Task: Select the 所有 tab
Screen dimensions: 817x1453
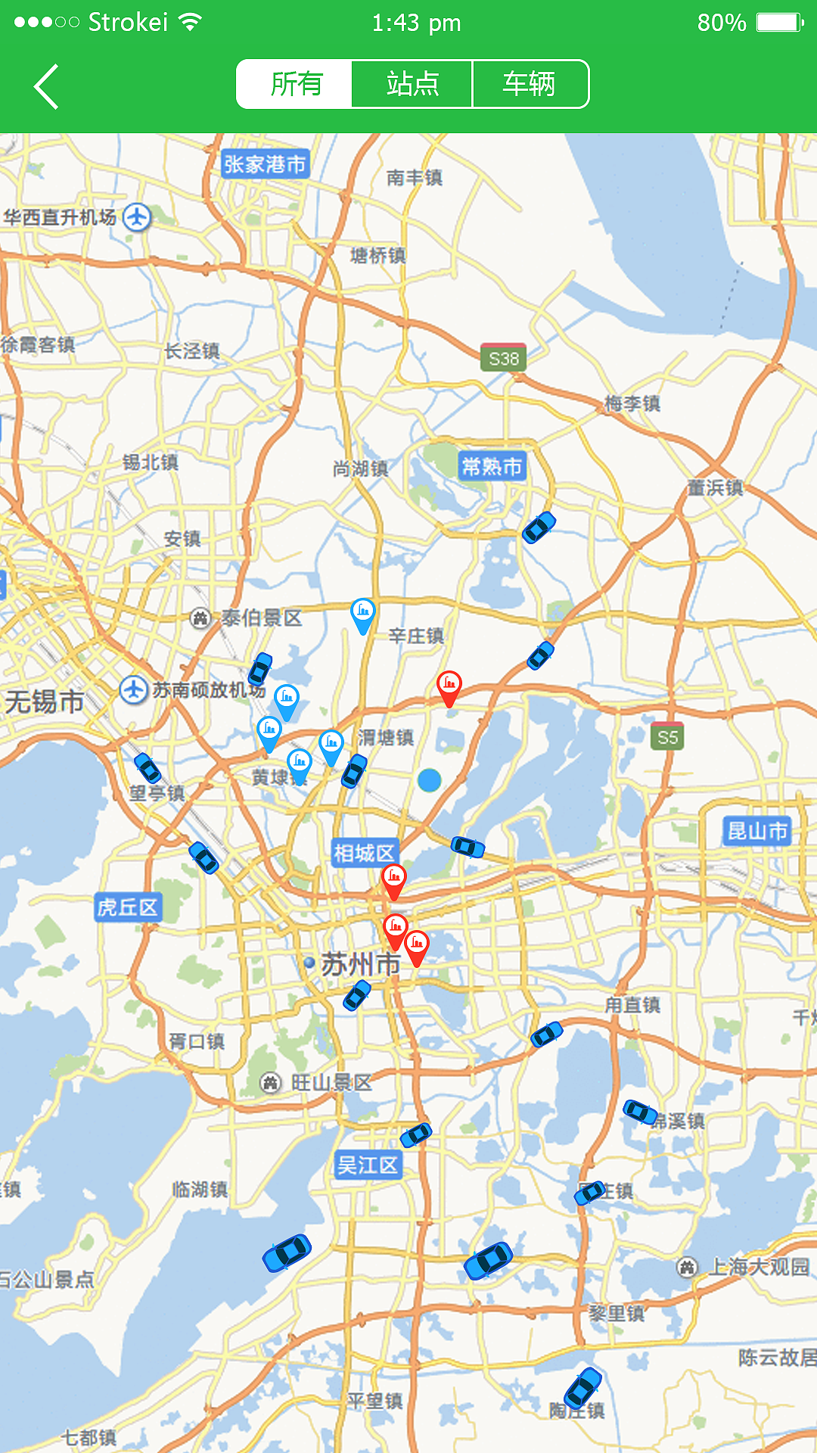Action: pyautogui.click(x=295, y=84)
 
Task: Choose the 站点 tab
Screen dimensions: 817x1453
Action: pyautogui.click(x=412, y=84)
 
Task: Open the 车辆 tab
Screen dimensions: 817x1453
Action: pyautogui.click(x=530, y=84)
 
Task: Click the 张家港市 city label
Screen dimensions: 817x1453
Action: pyautogui.click(x=265, y=164)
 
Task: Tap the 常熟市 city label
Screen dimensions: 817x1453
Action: pyautogui.click(x=492, y=466)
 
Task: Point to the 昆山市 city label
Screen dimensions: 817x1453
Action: pyautogui.click(x=756, y=831)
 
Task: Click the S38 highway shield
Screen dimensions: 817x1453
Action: pyautogui.click(x=503, y=358)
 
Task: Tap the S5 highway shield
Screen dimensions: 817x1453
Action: pyautogui.click(x=667, y=737)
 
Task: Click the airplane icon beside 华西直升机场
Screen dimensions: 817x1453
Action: pyautogui.click(x=137, y=217)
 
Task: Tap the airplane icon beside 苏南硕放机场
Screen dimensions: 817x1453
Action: pyautogui.click(x=134, y=690)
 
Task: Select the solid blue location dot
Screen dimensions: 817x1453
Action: pyautogui.click(x=429, y=779)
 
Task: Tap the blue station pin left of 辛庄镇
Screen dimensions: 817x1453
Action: pyautogui.click(x=363, y=614)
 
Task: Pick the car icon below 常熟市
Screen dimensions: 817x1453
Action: pyautogui.click(x=539, y=527)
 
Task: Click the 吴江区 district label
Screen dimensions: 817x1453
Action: pyautogui.click(x=368, y=1165)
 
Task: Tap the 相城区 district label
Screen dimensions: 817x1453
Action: pyautogui.click(x=365, y=853)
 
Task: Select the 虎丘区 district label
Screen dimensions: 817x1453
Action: pyautogui.click(x=127, y=907)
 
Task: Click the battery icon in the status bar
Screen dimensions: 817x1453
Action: pyautogui.click(x=779, y=22)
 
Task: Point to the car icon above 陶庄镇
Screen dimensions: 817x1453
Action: pyautogui.click(x=582, y=1388)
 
